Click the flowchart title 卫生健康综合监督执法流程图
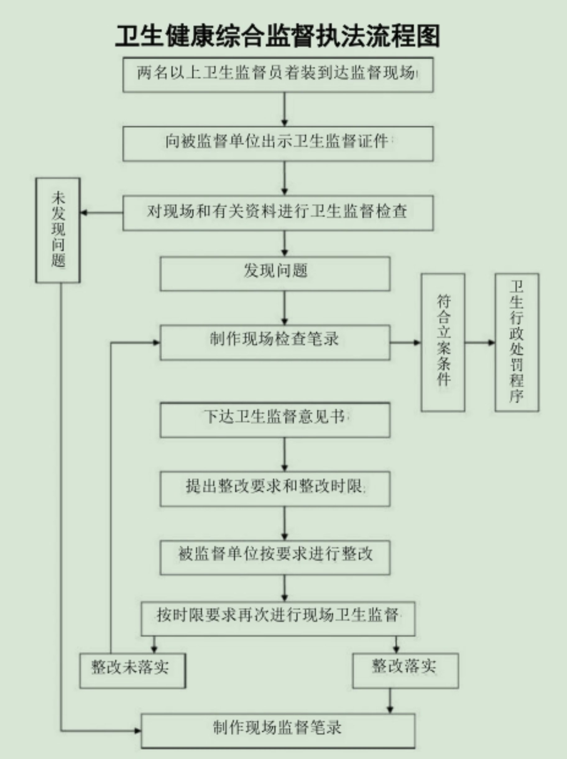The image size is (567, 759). (277, 36)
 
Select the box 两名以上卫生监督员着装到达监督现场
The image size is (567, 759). (278, 75)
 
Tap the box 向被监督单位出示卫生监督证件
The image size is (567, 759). (278, 144)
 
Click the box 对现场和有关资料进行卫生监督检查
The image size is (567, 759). (278, 213)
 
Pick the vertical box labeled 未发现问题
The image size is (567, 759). (58, 230)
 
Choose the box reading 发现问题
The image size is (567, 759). (275, 274)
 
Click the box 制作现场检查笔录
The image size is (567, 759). (275, 343)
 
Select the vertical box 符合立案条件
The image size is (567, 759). (443, 342)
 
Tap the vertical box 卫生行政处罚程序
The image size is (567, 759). (517, 342)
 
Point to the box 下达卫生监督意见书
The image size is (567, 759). (275, 420)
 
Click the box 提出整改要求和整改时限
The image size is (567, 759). (275, 489)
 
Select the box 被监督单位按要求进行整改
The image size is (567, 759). (275, 558)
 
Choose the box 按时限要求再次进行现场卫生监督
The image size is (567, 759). (278, 618)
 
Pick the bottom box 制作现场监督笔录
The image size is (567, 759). (278, 731)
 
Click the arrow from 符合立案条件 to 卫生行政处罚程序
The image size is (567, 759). (480, 343)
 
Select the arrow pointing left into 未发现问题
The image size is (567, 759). (102, 213)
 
